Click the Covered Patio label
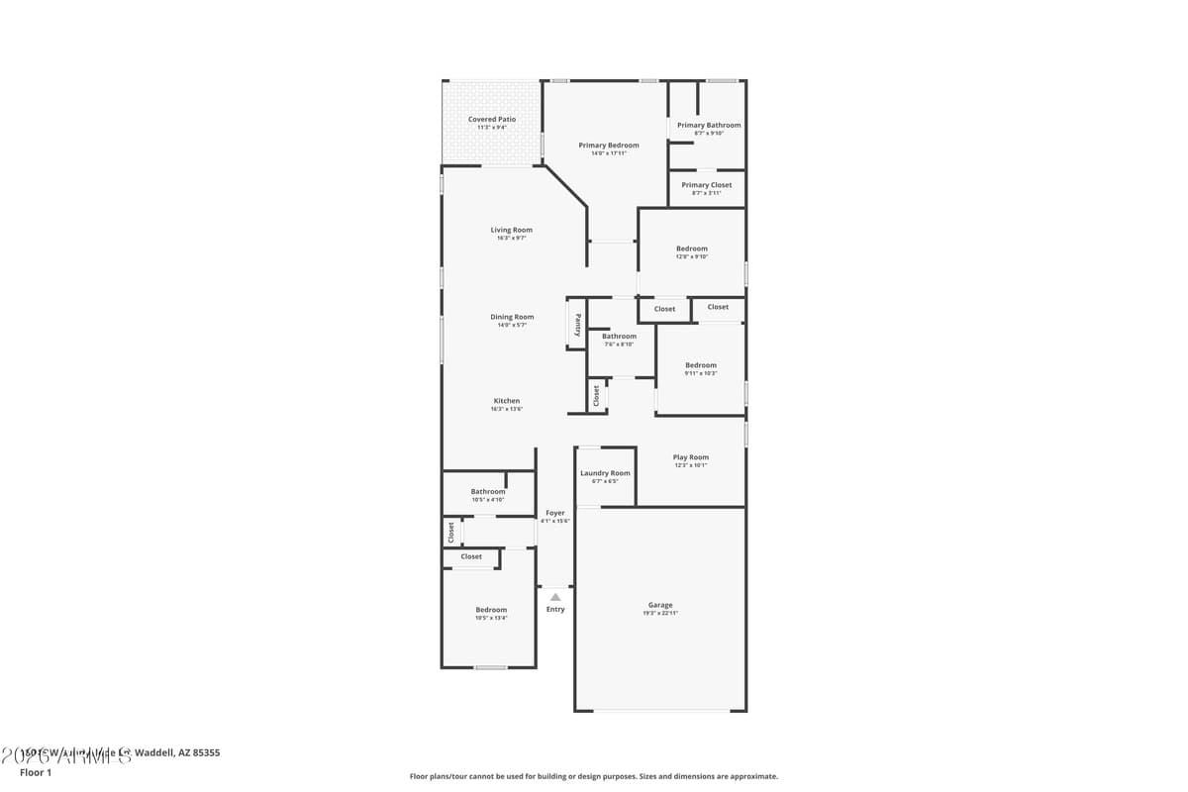pos(492,119)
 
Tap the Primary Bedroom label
pos(609,146)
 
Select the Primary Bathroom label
pos(709,126)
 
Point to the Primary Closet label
pos(707,185)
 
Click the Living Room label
pos(512,230)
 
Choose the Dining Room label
pos(512,317)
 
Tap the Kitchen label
pos(507,401)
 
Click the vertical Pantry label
pos(578,325)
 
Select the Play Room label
pos(691,457)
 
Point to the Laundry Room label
pos(605,473)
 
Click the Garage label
pos(660,605)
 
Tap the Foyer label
pos(555,513)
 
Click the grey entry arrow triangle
pos(555,597)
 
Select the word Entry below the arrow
pos(555,609)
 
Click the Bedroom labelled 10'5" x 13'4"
pos(491,610)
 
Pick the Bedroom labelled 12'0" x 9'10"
pos(692,248)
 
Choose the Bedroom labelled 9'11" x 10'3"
pos(701,365)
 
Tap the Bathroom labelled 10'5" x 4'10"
pos(488,491)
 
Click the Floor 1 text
pos(36,772)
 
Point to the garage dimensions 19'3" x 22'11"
pos(660,614)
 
